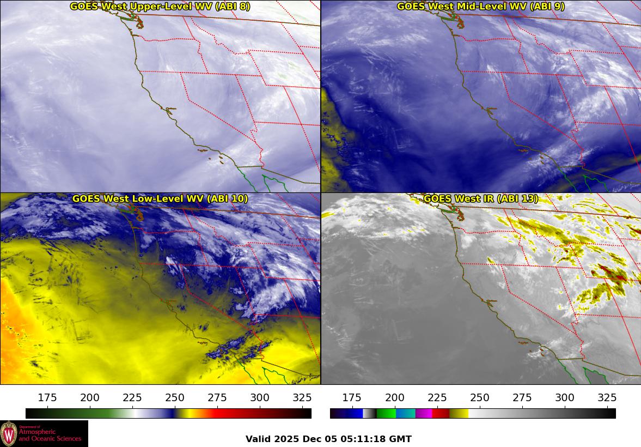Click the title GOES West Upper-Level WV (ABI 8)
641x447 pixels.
click(160, 7)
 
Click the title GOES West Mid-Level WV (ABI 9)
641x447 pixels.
click(481, 7)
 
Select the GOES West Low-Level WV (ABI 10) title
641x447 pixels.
click(160, 199)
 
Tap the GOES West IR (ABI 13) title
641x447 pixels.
click(481, 199)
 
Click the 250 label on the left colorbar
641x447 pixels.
click(175, 397)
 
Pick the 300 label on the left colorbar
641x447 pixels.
click(260, 397)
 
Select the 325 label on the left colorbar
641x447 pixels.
click(302, 397)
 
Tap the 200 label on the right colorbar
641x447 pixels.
click(394, 397)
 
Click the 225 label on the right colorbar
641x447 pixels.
click(437, 397)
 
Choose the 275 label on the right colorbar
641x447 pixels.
click(522, 397)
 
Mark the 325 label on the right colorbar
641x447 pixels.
click(607, 397)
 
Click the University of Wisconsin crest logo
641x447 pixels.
click(9, 434)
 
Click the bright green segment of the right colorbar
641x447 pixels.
click(386, 414)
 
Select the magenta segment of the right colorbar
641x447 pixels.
click(424, 414)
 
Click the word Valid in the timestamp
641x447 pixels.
click(257, 439)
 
